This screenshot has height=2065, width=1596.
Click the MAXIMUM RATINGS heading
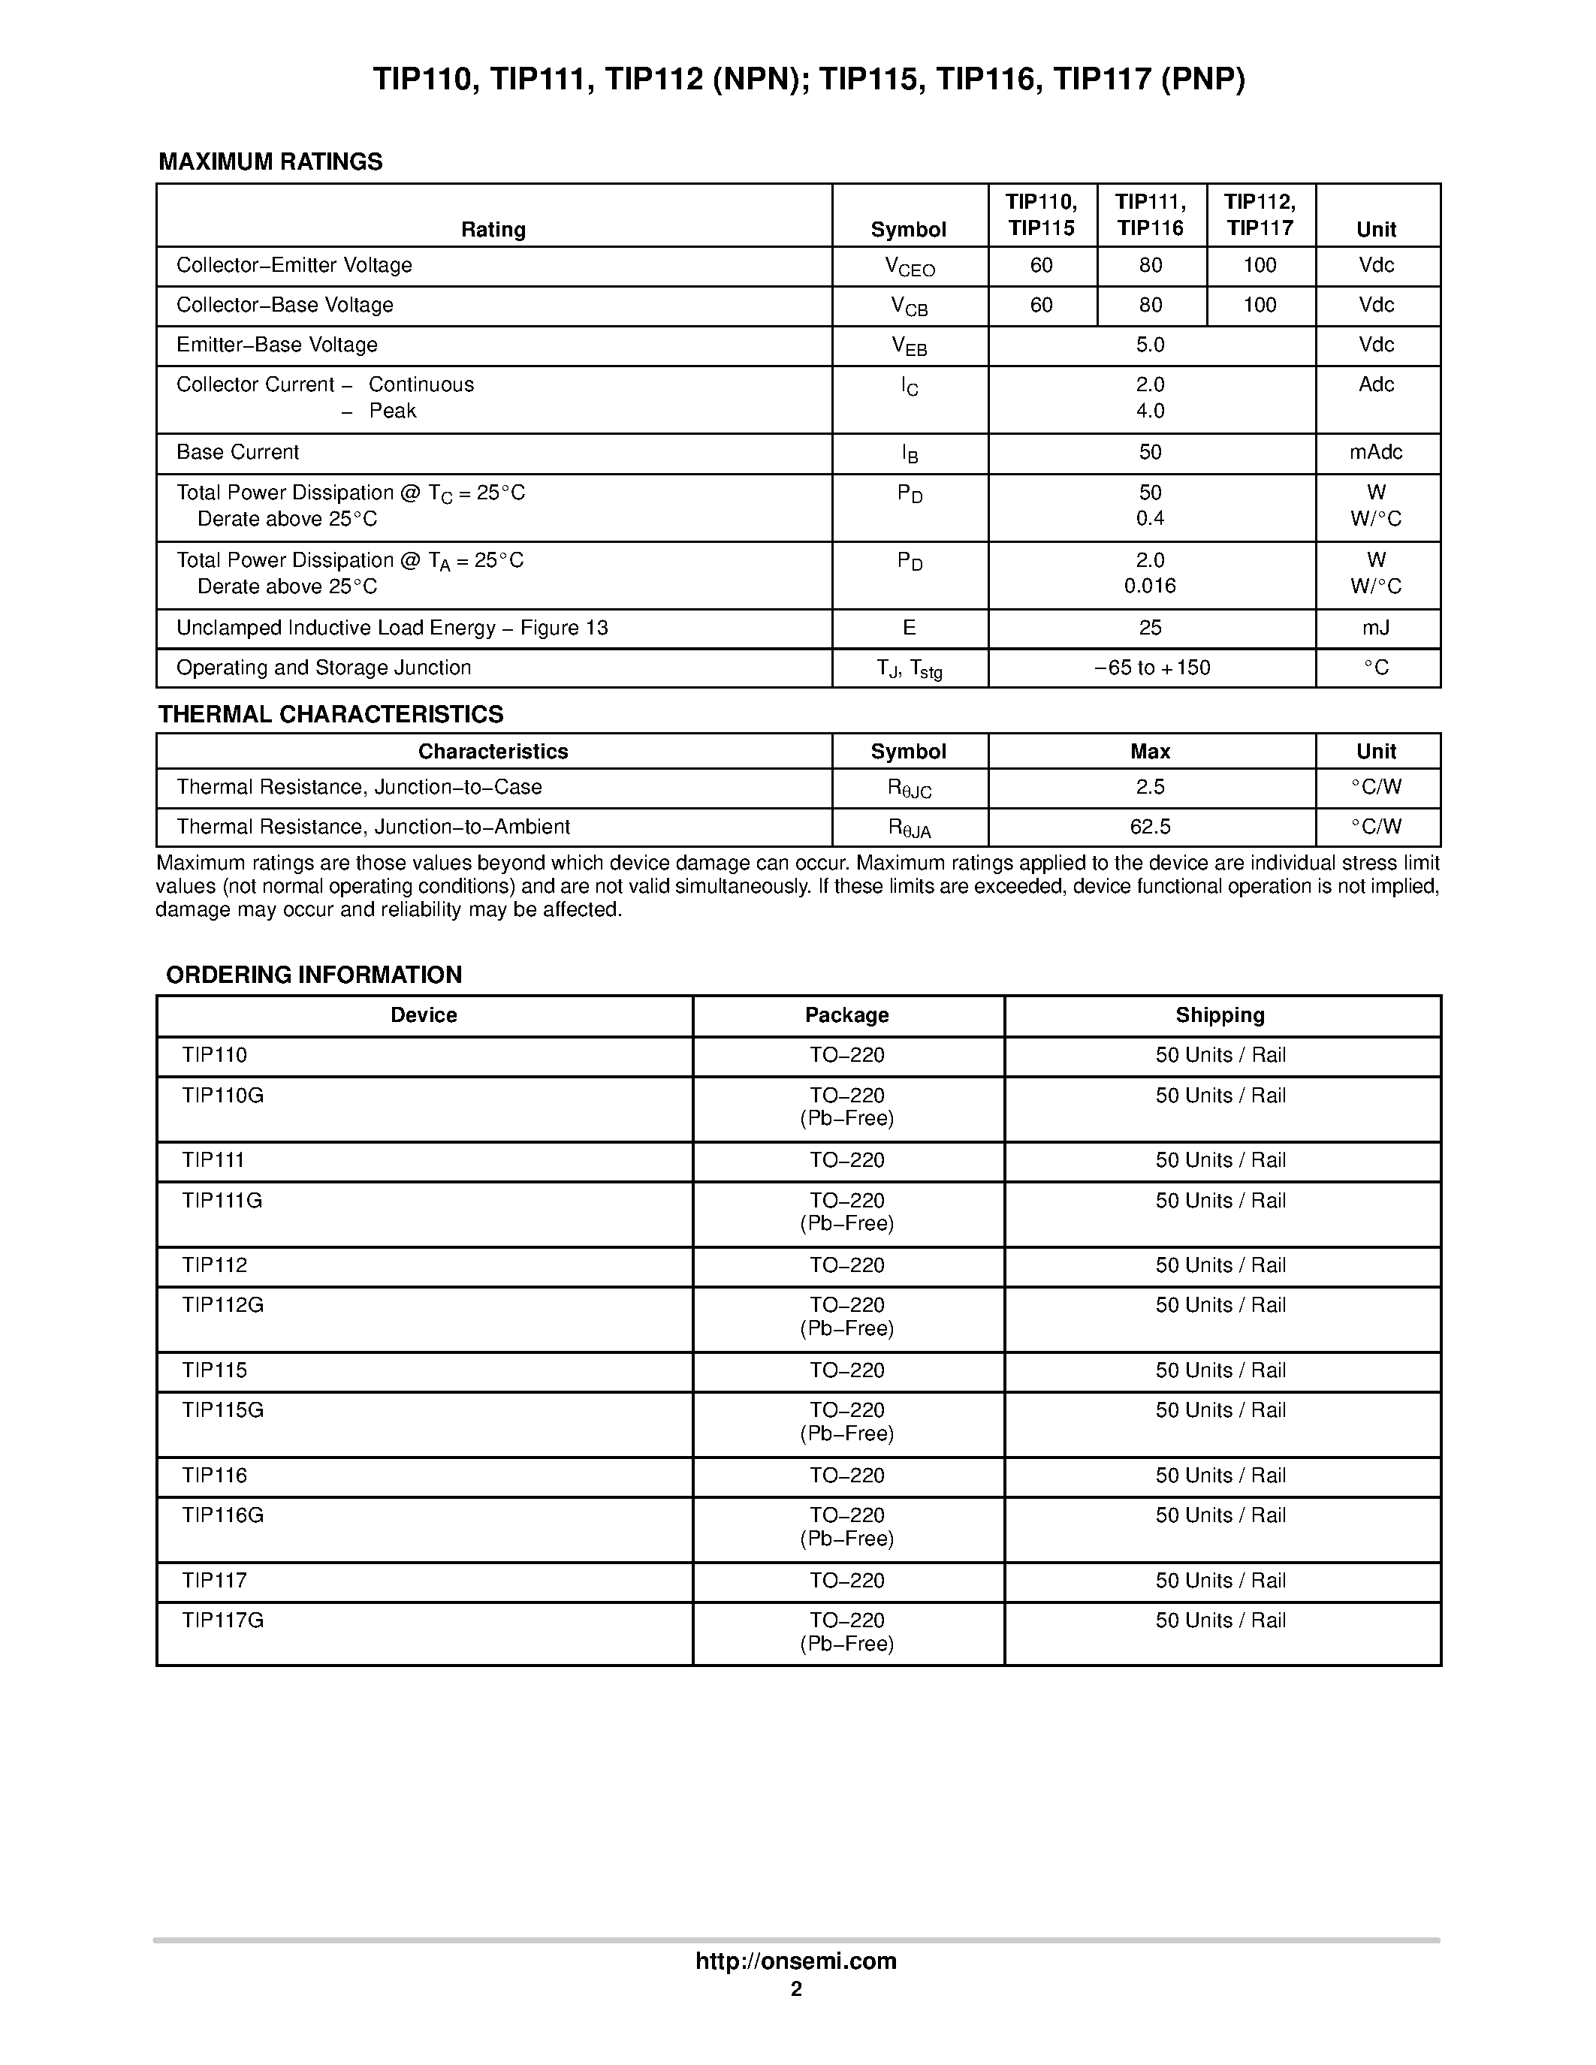click(270, 161)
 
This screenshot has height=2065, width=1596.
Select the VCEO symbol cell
click(910, 267)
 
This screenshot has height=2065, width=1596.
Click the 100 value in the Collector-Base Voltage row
click(1260, 306)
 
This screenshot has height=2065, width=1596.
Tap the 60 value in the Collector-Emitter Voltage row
click(1041, 266)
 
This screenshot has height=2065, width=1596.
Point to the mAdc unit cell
click(1376, 453)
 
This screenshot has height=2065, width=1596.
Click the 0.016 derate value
click(1150, 586)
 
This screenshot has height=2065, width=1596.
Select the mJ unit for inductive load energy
click(1376, 629)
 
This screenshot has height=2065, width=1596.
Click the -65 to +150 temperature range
click(1151, 668)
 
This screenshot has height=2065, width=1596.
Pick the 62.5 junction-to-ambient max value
click(1150, 828)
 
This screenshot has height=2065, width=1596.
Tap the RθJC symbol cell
click(910, 789)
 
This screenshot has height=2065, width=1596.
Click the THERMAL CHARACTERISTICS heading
click(331, 715)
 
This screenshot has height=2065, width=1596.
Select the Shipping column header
click(1220, 1015)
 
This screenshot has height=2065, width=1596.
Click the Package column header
click(846, 1015)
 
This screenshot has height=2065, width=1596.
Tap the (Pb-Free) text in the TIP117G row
click(846, 1644)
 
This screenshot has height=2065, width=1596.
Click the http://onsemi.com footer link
click(796, 1961)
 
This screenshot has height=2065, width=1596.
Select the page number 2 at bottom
click(796, 1989)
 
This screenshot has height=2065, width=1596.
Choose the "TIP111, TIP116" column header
click(1150, 215)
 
